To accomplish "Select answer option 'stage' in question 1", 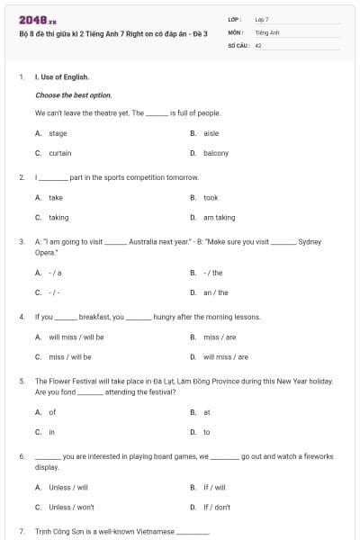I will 58,133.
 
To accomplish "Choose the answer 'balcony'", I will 216,153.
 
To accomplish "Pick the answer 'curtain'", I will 59,153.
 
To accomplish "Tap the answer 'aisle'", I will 211,133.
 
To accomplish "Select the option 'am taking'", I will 219,217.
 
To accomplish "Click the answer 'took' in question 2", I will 211,197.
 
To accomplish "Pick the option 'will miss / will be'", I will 76,337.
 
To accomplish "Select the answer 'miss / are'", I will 217,337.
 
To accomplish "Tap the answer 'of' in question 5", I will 52,412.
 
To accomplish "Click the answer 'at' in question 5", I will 207,412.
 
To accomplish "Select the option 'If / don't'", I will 216,507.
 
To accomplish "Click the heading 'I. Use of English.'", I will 62,77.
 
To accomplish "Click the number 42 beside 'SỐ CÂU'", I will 258,44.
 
